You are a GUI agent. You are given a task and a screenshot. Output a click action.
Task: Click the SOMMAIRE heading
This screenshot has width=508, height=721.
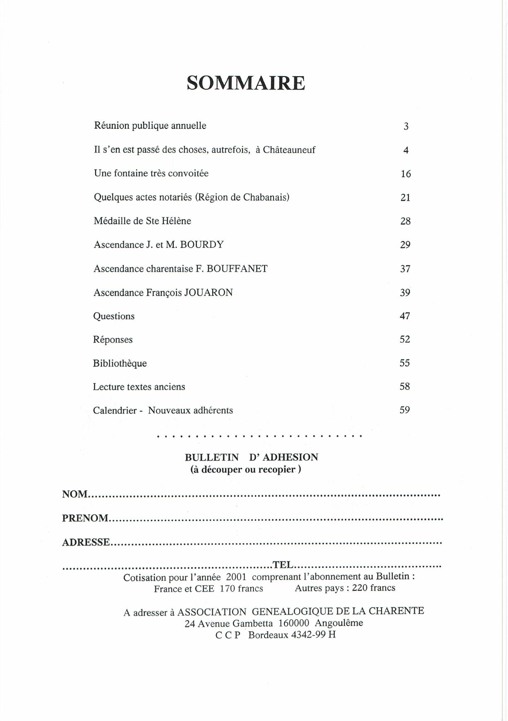(246, 83)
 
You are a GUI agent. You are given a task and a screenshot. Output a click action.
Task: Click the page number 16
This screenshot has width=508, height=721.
(406, 174)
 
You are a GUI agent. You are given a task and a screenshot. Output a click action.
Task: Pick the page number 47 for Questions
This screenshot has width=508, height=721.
(405, 316)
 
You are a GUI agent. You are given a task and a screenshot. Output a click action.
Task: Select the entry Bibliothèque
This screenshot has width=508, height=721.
(120, 364)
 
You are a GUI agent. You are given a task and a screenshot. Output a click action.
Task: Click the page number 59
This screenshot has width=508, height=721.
(405, 410)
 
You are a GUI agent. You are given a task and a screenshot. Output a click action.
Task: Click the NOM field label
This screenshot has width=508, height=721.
(75, 494)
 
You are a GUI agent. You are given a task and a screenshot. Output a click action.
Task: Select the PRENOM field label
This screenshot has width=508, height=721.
(85, 518)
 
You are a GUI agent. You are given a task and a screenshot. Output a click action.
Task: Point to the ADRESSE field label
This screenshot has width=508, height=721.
(86, 542)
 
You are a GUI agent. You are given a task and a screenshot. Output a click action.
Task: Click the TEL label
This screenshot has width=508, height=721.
(283, 564)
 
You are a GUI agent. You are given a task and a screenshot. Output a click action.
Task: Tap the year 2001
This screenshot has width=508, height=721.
(236, 577)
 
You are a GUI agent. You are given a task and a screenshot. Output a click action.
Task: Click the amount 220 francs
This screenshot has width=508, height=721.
(373, 588)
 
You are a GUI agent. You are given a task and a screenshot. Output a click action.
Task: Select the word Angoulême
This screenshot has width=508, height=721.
(339, 623)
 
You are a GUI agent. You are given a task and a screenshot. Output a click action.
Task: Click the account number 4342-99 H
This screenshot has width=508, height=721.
(313, 635)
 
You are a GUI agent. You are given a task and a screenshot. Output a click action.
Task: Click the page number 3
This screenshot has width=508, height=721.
(406, 126)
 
